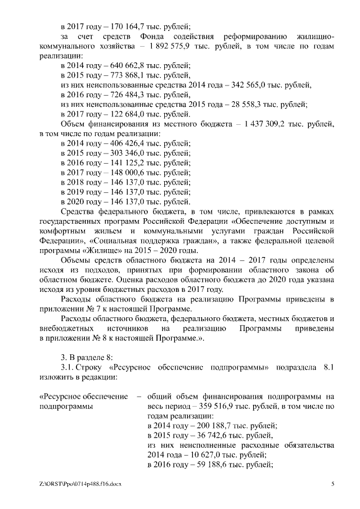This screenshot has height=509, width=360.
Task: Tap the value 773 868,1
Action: pos(122,76)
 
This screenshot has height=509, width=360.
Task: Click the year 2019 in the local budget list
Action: pos(76,193)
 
